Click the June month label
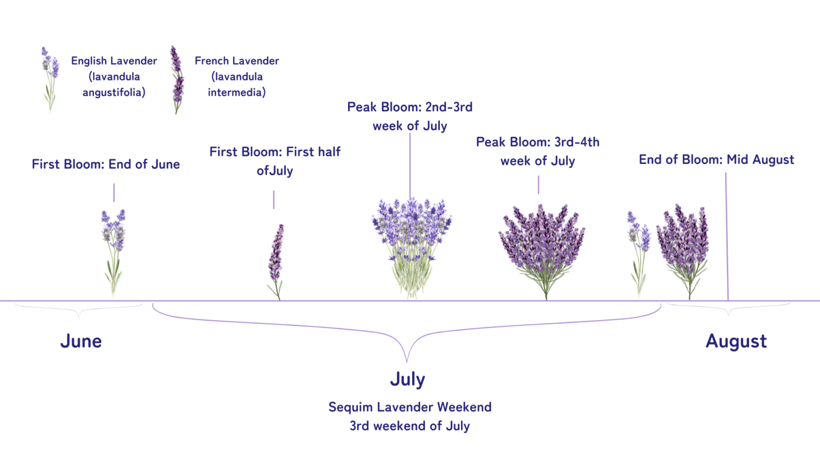81,341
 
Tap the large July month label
407,379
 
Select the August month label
736,341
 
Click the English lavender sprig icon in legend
50,80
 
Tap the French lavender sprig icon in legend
177,80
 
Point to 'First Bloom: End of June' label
106,164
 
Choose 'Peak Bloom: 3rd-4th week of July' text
538,152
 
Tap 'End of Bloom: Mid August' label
716,160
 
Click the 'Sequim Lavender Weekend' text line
409,407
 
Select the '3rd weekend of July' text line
409,426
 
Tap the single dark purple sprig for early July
275,261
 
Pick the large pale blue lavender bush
411,245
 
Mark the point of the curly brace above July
407,361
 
